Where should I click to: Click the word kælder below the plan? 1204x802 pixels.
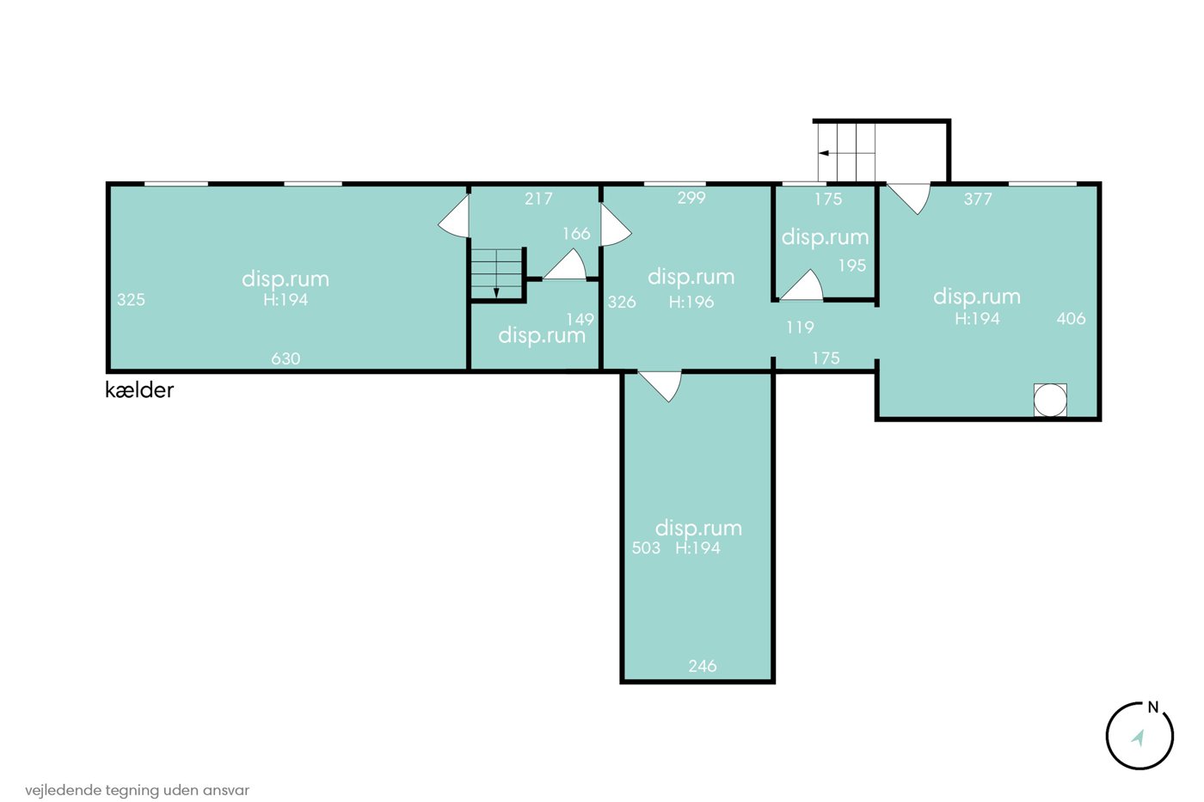[x=139, y=390]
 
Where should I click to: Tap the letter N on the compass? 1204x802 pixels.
[x=1153, y=707]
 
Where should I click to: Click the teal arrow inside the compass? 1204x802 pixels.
[x=1138, y=738]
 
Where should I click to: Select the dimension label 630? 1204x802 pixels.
[x=286, y=358]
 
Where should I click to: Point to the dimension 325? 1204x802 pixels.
[x=131, y=299]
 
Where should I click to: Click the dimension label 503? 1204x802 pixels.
[x=646, y=548]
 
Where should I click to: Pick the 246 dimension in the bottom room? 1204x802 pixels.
[x=703, y=666]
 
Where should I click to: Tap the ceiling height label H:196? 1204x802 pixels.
[x=691, y=302]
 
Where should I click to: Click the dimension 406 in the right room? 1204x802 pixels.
[x=1072, y=319]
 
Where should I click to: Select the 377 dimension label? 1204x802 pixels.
[x=978, y=199]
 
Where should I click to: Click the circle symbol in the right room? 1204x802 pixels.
[x=1050, y=400]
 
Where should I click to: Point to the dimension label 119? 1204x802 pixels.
[x=800, y=328]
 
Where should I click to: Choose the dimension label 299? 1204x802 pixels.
[x=691, y=198]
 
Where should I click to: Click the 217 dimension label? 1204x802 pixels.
[x=538, y=199]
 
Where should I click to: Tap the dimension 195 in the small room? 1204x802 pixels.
[x=852, y=266]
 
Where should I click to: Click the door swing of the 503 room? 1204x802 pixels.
[x=660, y=385]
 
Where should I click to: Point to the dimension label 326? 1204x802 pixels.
[x=622, y=302]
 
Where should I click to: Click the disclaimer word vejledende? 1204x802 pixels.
[x=63, y=790]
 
